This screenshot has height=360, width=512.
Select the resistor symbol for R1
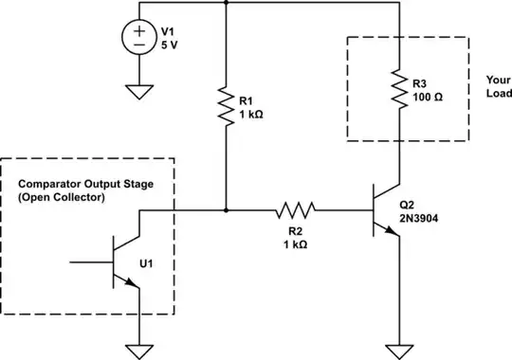pos(225,106)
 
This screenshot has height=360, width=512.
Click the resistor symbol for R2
pos(298,209)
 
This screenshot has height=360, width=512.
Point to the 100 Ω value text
pos(428,98)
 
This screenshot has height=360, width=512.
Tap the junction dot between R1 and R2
pos(225,209)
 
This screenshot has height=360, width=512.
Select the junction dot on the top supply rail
pos(225,3)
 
